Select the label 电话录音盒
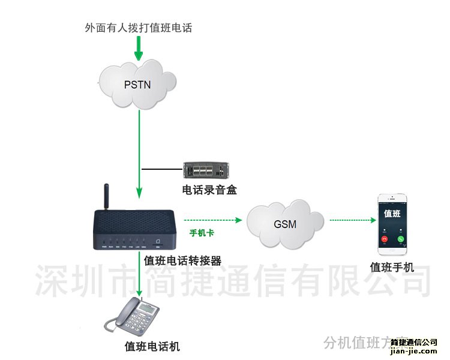click(x=210, y=190)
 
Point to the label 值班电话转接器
click(x=183, y=260)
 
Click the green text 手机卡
click(x=202, y=233)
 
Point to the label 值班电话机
click(x=152, y=346)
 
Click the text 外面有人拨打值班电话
click(x=139, y=28)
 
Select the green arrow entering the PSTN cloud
click(x=139, y=48)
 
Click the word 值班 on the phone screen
click(x=392, y=214)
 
